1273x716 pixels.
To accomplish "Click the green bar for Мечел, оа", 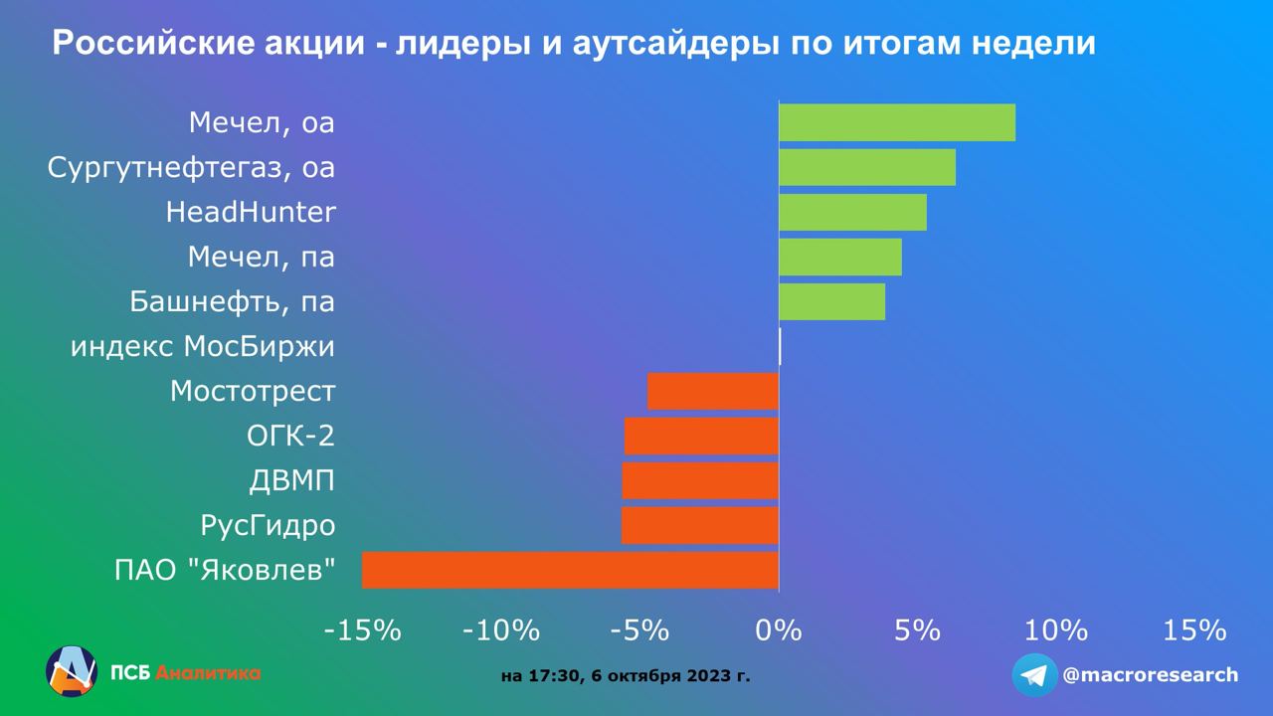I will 896,122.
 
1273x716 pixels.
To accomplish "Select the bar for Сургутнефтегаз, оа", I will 866,167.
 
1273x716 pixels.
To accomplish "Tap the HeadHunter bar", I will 852,212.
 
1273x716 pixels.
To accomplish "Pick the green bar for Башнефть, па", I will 831,301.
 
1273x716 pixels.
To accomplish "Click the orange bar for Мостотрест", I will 712,391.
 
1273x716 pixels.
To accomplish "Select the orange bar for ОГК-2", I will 701,436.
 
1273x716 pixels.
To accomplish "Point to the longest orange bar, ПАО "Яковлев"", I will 570,570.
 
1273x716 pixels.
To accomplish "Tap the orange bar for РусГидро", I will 699,525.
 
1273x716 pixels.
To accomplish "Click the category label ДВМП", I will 291,481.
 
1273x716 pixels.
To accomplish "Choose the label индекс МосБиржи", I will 203,347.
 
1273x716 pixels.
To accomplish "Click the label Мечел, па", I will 262,258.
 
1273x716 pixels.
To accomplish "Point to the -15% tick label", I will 361,630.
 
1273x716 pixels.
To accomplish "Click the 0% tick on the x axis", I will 779,630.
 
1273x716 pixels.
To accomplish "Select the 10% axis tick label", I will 1056,630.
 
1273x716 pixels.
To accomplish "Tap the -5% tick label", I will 639,630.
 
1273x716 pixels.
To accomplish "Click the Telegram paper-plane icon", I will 1035,675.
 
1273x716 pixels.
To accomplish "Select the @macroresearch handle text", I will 1151,675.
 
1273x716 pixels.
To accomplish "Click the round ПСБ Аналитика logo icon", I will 71,671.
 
